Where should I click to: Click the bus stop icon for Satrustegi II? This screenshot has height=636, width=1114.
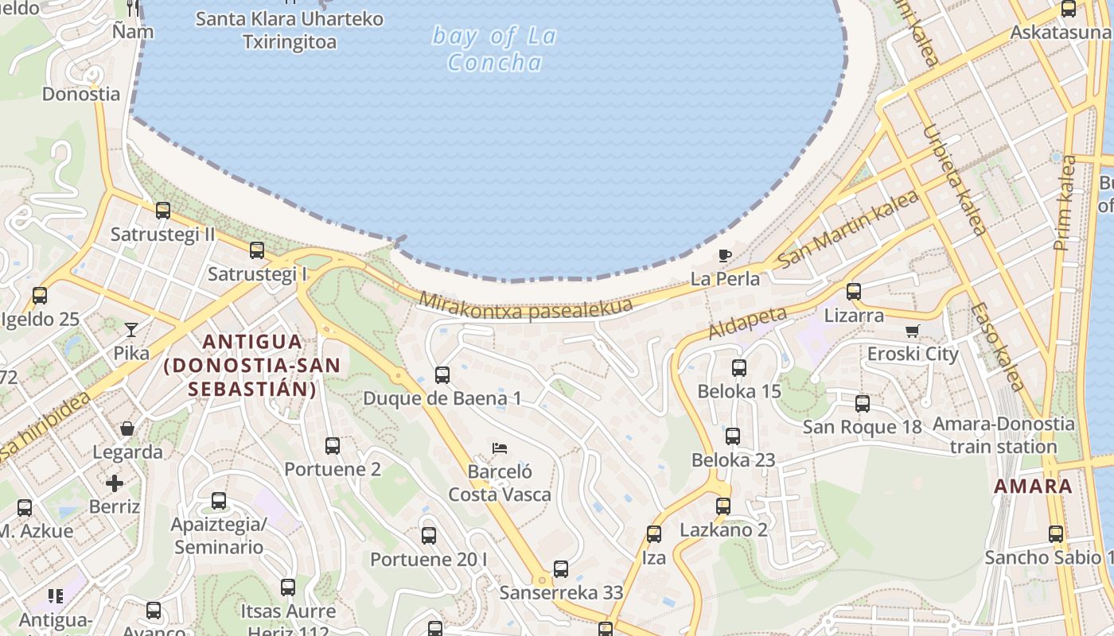point(163,211)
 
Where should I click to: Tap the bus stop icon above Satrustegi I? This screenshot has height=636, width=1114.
point(257,250)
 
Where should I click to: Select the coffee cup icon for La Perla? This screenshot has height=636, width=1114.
point(724,255)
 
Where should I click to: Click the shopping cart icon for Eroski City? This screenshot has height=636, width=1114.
point(913,331)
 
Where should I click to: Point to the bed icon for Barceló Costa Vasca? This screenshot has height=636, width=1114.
point(500,448)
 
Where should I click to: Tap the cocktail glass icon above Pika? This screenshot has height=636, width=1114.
point(131,329)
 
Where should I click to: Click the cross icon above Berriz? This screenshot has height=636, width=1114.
point(115,483)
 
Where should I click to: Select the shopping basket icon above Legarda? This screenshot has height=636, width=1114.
point(127,429)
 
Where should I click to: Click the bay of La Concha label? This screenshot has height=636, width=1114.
point(494,48)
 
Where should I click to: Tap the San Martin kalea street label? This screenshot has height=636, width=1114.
point(848,227)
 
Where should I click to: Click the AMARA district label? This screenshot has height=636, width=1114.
point(1034,487)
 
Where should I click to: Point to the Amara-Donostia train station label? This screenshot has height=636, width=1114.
point(1003,435)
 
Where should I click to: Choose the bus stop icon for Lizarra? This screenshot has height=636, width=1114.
point(854,292)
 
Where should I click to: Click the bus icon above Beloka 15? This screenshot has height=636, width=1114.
point(739,368)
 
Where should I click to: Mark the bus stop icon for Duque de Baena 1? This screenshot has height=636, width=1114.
point(442,375)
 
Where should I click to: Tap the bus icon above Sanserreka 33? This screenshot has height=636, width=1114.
point(561,569)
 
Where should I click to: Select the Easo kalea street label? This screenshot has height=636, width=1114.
point(996,347)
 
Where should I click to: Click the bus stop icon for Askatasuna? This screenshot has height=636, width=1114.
point(1069,10)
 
